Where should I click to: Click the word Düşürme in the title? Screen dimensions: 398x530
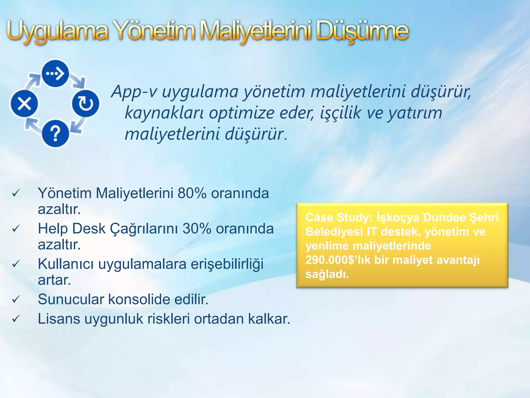tap(362, 32)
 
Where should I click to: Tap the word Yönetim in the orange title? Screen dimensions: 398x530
tap(154, 32)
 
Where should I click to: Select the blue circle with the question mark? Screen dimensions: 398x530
tap(55, 134)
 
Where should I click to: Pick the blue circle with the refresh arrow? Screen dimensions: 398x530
tap(85, 104)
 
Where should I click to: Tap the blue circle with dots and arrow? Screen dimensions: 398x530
tap(55, 74)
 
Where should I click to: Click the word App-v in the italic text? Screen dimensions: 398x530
tap(134, 92)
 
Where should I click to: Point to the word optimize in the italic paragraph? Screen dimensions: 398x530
tap(242, 113)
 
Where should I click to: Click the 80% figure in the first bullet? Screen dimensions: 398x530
tap(192, 193)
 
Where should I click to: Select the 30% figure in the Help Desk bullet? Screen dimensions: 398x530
tap(197, 229)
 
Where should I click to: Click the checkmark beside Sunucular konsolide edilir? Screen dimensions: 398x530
tap(16, 300)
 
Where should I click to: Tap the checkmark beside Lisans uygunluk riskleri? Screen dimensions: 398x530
tap(16, 319)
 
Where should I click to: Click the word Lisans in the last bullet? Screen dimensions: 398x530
tap(59, 319)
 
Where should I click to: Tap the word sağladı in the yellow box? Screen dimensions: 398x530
tap(327, 274)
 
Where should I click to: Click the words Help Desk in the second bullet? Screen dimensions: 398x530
tap(72, 229)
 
